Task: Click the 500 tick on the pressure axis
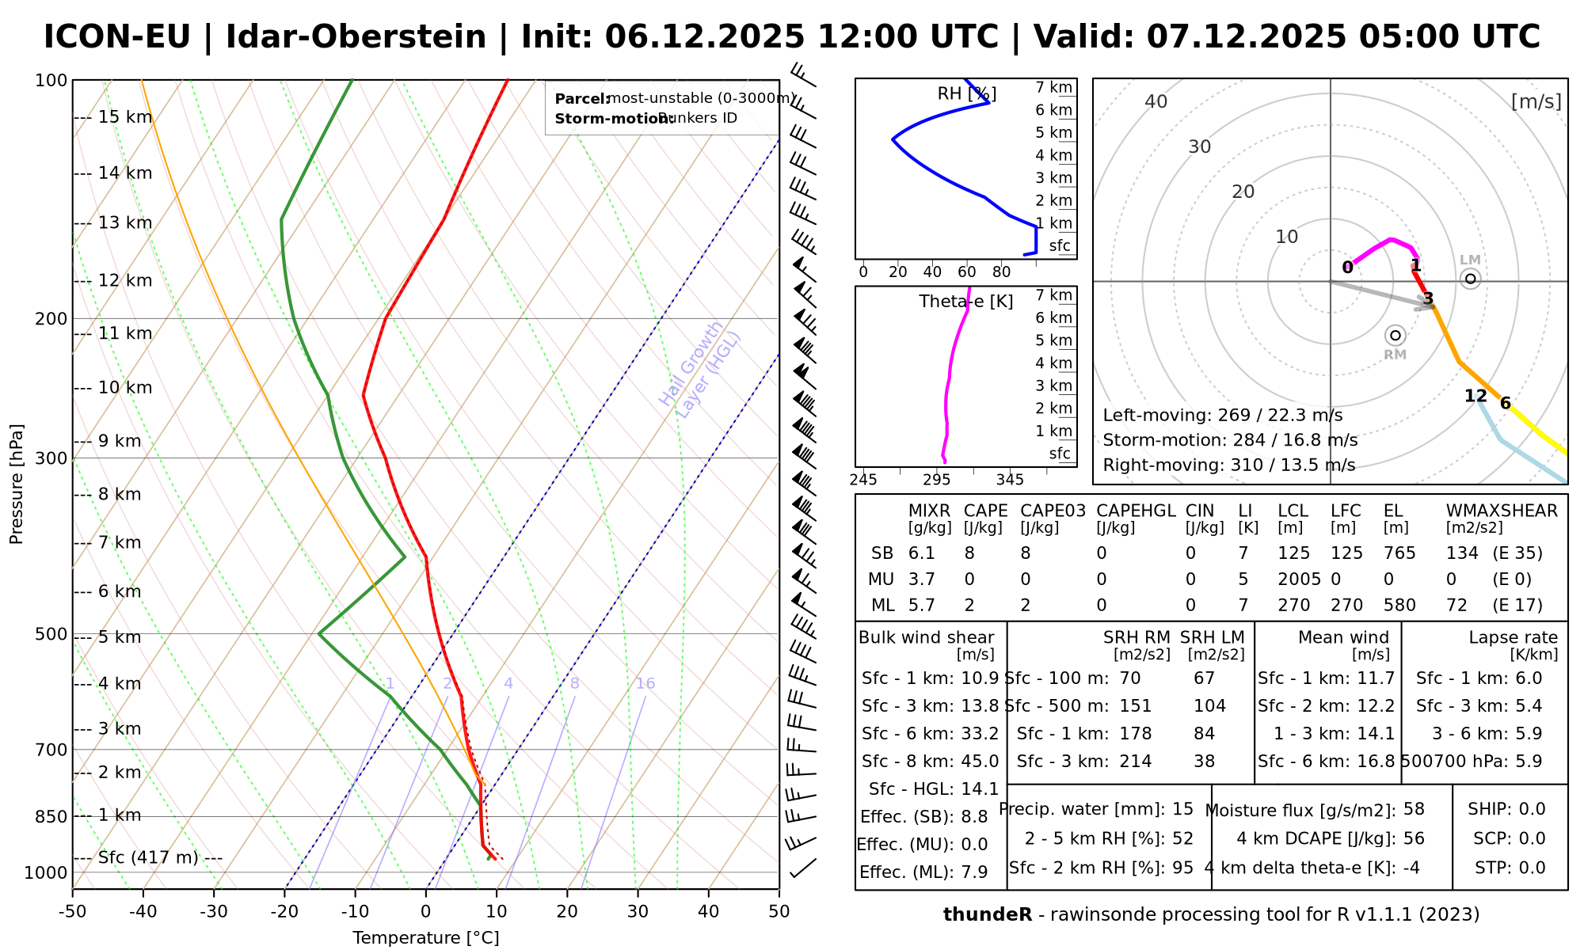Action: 51,634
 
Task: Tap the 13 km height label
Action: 125,223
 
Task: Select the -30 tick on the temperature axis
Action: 214,912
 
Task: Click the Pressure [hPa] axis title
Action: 17,484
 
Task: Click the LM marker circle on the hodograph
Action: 1471,278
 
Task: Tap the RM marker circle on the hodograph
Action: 1396,336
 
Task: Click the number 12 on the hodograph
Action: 1475,396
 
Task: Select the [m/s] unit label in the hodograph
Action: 1536,101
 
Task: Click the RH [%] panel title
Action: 967,94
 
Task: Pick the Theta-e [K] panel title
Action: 966,302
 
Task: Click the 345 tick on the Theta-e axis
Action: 1010,480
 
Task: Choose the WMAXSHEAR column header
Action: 1502,511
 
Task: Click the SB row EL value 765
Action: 1399,553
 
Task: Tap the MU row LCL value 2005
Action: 1299,579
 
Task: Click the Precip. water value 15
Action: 1182,809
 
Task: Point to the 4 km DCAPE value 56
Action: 1414,838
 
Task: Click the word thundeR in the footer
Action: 988,915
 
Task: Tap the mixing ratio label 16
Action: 645,684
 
